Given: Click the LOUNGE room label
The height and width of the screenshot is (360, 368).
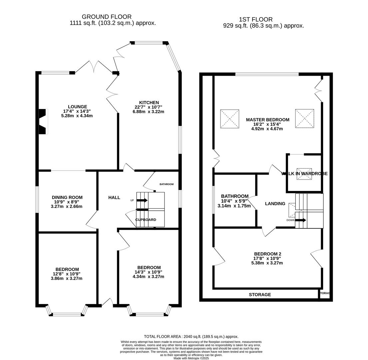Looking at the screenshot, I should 77,107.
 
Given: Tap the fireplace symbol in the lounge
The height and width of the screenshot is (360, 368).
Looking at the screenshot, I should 43,122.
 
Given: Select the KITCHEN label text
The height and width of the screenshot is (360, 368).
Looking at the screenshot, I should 149,102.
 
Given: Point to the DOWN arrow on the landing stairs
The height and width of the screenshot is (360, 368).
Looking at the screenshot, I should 300,220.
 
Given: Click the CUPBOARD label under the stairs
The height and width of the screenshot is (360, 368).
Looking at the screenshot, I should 146,220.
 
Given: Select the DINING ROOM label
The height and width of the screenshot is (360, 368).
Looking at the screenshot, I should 67,197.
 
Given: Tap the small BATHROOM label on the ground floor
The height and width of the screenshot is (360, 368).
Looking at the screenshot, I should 167,184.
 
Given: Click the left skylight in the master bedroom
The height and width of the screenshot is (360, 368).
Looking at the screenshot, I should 229,119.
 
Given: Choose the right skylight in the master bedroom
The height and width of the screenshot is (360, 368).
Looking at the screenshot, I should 304,118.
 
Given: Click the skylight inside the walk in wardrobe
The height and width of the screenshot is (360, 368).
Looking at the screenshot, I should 304,174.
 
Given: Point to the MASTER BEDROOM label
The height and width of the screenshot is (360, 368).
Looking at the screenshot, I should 267,120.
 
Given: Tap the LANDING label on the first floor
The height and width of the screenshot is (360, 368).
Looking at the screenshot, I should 275,204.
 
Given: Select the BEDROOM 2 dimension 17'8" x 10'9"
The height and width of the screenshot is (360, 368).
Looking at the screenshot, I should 267,258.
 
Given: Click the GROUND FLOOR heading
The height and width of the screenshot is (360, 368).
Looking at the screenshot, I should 107,17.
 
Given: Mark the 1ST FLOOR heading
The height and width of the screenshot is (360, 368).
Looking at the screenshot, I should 256,20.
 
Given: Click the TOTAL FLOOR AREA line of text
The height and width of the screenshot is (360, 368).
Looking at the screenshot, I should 191,337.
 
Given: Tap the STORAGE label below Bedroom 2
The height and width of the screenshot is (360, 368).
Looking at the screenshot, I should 260,295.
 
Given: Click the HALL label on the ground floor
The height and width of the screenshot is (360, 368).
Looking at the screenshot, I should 114,198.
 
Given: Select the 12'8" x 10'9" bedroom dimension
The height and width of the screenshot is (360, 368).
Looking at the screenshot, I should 67,274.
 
